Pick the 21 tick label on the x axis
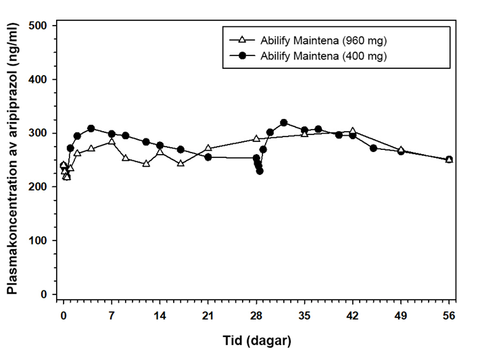208,315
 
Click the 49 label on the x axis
400,315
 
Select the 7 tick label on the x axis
112,315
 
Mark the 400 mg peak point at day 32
284,123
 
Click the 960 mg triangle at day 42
352,131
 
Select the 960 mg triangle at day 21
208,148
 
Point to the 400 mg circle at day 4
91,128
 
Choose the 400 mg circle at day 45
373,148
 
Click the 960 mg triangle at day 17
181,163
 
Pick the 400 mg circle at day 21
208,157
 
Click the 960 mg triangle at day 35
304,134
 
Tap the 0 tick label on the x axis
64,315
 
